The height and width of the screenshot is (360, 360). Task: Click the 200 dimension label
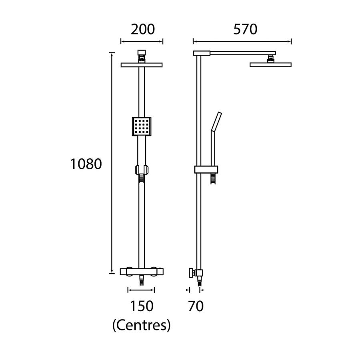coord(143,30)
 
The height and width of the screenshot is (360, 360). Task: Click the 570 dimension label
coord(245,30)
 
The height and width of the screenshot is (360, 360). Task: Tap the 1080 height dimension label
coord(86,164)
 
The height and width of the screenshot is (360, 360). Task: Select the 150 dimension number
coord(142,306)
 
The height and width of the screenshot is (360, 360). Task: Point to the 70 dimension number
coord(196,306)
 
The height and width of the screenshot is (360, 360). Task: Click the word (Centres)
coord(142,325)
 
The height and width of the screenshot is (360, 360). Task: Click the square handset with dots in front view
coord(142,126)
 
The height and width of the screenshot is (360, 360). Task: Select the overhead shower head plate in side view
coord(270,65)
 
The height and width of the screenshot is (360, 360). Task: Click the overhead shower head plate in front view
coord(142,65)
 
